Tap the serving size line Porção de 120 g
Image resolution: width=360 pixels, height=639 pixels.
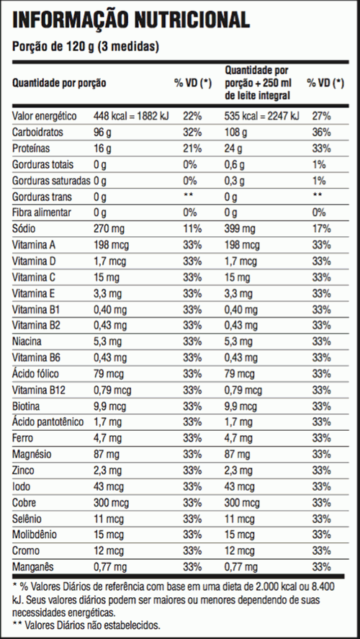[x=86, y=47]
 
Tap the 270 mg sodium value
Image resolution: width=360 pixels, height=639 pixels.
[x=107, y=228]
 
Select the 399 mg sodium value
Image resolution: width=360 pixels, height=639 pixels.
[x=239, y=228]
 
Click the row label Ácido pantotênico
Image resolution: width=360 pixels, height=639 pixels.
[x=48, y=422]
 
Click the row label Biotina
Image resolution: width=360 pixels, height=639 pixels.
[x=26, y=406]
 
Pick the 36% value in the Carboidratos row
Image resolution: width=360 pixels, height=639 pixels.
[x=321, y=133]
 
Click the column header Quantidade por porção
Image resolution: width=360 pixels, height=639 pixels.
[x=59, y=83]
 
